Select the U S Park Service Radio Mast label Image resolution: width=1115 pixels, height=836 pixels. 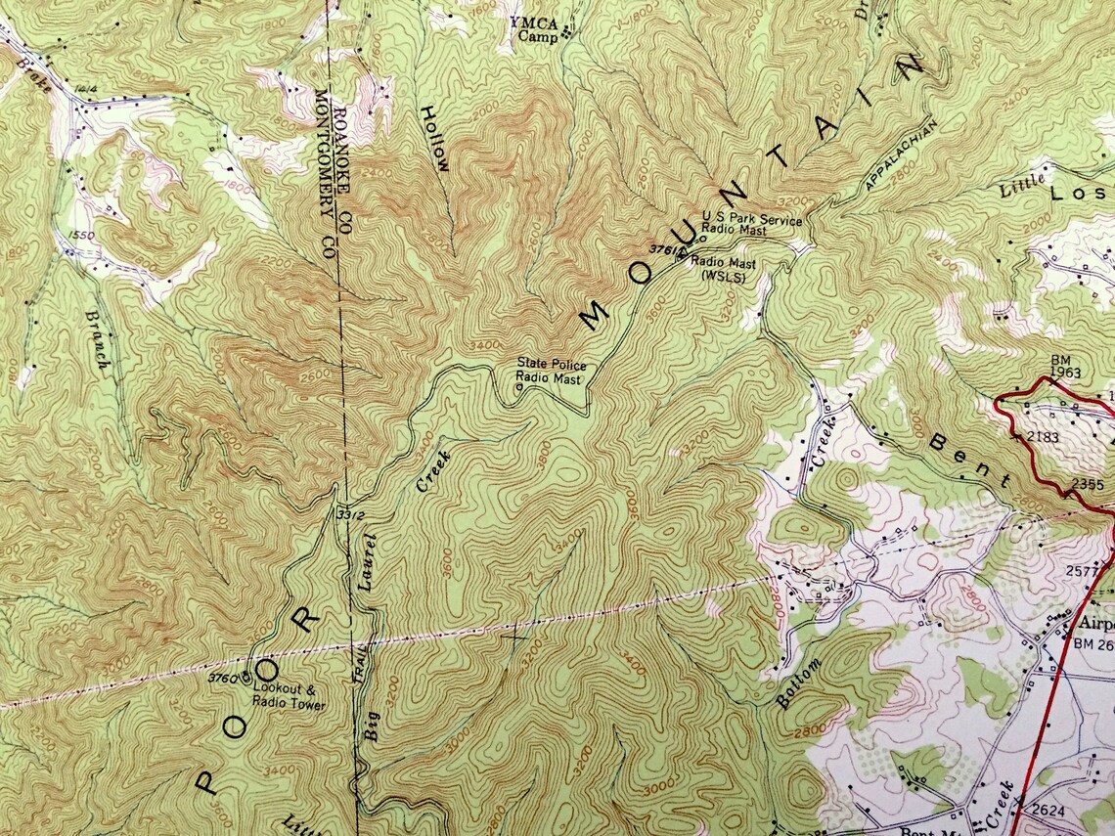coord(751,225)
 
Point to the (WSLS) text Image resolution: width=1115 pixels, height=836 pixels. coord(724,277)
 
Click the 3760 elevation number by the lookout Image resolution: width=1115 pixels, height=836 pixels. coord(224,677)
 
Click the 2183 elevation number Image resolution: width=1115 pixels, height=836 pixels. coord(1044,436)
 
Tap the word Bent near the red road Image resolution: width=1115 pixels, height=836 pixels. coord(969,459)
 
